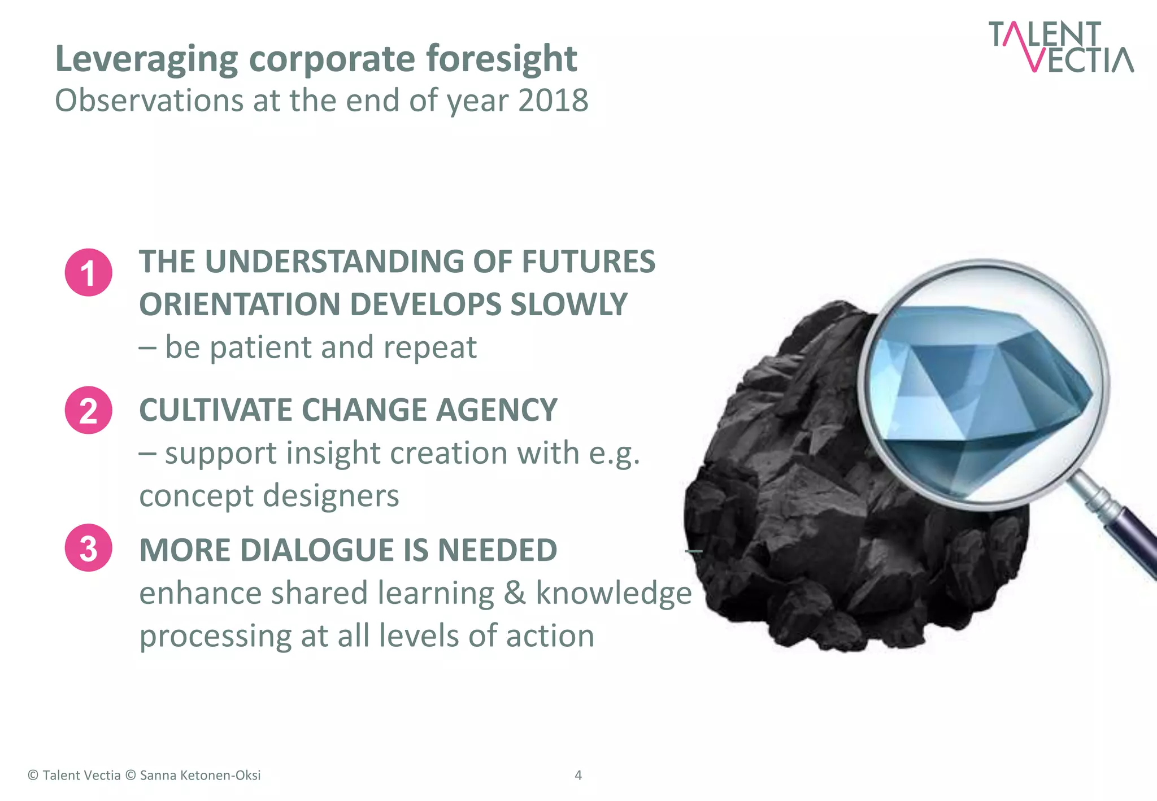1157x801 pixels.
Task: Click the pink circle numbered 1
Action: click(88, 272)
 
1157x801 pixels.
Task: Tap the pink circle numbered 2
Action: click(88, 410)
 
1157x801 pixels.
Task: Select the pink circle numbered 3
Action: click(88, 548)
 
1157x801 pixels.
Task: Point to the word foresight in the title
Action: click(501, 59)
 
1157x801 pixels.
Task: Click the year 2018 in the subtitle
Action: click(553, 101)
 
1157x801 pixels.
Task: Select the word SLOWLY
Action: click(569, 304)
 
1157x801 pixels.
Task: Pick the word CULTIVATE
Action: click(215, 410)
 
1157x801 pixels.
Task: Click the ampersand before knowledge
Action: click(514, 593)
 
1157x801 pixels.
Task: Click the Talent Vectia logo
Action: click(1060, 47)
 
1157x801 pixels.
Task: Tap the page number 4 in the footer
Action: click(578, 775)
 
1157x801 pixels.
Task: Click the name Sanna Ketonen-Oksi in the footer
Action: click(200, 775)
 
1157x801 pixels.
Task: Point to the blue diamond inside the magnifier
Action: click(980, 390)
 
